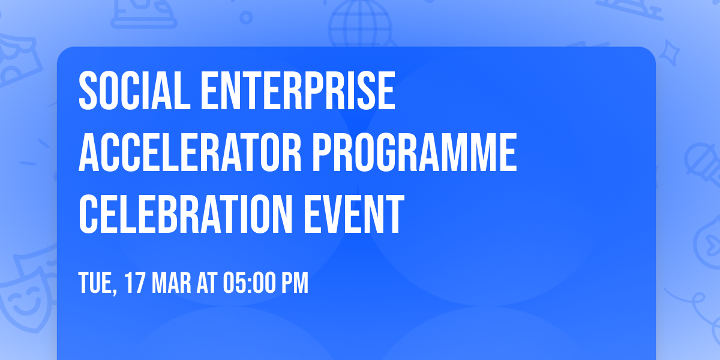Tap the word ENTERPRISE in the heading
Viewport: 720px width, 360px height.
coord(298,91)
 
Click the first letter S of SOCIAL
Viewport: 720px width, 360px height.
coord(88,91)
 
